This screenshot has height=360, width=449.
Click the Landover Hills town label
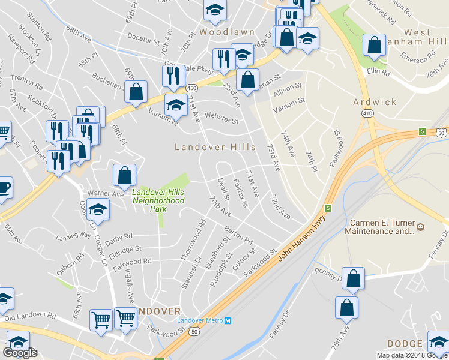tap(215, 147)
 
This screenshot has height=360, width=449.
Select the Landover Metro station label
tap(204, 320)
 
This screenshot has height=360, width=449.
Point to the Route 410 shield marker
tap(366, 113)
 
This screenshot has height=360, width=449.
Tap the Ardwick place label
tap(375, 102)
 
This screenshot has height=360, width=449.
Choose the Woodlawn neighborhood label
tap(228, 31)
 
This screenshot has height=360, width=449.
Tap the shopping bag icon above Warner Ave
tap(124, 175)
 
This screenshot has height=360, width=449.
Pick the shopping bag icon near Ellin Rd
tap(375, 44)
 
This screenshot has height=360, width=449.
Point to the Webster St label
tap(221, 117)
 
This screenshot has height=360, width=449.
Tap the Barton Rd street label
tap(239, 235)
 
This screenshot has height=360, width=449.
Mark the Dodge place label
tap(405, 344)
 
